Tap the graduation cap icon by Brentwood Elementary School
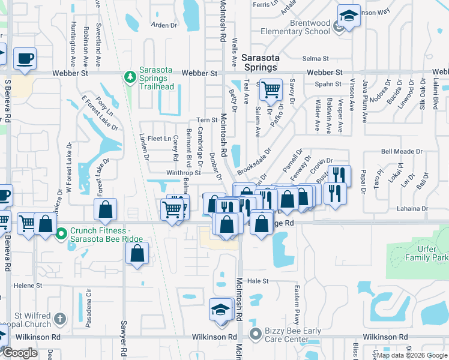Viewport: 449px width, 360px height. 348,17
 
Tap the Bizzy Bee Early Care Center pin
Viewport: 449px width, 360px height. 256,333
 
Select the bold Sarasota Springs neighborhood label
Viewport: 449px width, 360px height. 261,62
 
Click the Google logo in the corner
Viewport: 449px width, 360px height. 20,353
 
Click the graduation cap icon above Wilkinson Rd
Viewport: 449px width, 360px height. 220,310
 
